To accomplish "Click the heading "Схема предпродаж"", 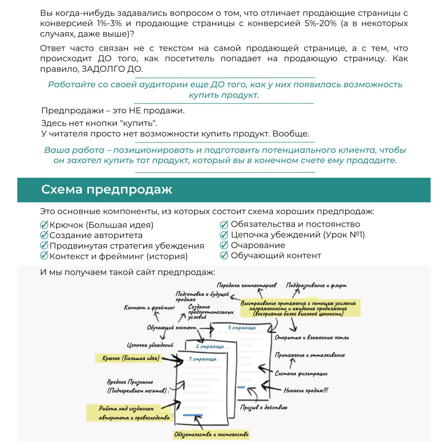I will pyautogui.click(x=107, y=189).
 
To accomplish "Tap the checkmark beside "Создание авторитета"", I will pyautogui.click(x=44, y=235).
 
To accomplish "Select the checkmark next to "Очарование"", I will pyautogui.click(x=224, y=245).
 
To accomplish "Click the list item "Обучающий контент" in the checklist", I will pyautogui.click(x=275, y=255).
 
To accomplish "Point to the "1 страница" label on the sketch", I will pyautogui.click(x=202, y=359).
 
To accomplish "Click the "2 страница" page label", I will pyautogui.click(x=210, y=346).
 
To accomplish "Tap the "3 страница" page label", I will pyautogui.click(x=241, y=328).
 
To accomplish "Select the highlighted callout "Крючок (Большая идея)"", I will pyautogui.click(x=131, y=358).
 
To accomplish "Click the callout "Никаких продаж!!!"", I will pyautogui.click(x=306, y=390).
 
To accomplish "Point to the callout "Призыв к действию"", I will pyautogui.click(x=264, y=407).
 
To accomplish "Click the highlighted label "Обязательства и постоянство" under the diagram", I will pyautogui.click(x=211, y=434).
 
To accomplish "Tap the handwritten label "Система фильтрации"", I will pyautogui.click(x=301, y=373).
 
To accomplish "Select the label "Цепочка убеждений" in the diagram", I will pyautogui.click(x=150, y=345).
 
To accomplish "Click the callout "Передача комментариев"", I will pyautogui.click(x=246, y=285).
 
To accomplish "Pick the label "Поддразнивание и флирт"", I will pyautogui.click(x=316, y=285).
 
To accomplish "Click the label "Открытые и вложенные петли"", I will pyautogui.click(x=311, y=337).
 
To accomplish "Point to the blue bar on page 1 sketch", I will pyautogui.click(x=192, y=415).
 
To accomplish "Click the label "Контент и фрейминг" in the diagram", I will pyautogui.click(x=149, y=308).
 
